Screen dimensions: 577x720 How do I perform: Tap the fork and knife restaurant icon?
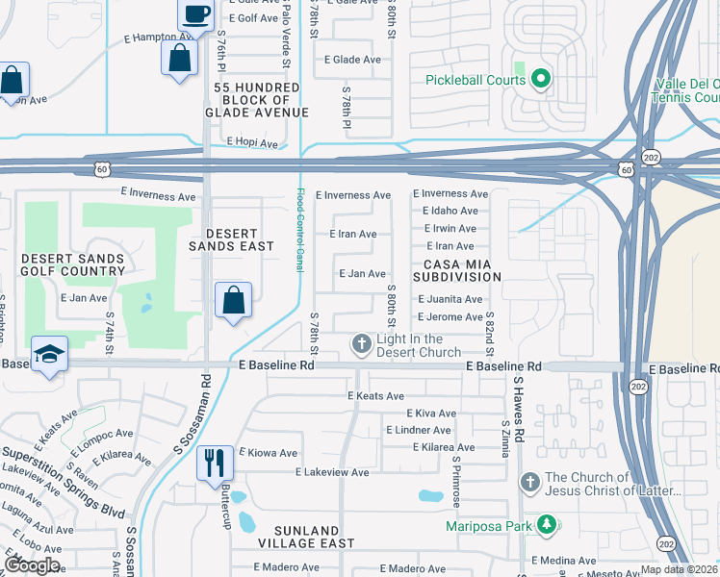214,463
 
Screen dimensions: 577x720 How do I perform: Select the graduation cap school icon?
48,353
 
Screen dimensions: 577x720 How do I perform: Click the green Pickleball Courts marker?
541,79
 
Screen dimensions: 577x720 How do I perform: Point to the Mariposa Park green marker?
547,525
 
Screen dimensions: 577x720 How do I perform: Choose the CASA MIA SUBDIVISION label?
458,269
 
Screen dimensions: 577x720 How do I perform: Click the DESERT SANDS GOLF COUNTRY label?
72,264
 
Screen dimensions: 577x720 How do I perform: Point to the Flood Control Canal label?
300,229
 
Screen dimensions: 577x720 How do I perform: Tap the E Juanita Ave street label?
449,299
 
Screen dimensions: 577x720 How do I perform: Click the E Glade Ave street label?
357,60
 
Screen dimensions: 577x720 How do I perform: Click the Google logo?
31,564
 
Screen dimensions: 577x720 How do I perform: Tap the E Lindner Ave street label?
417,430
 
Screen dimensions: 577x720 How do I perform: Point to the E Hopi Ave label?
252,143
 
